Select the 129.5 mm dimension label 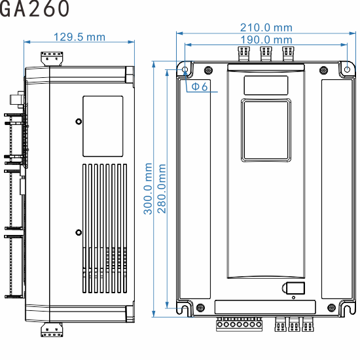tap(79, 37)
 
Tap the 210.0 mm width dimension tap(266, 27)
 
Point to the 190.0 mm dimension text tap(266, 40)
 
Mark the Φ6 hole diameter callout tap(199, 87)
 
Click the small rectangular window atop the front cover tap(266, 85)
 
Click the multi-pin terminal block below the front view tap(240, 323)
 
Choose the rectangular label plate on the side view tap(103, 126)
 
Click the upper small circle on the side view tap(79, 121)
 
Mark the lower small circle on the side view tap(79, 232)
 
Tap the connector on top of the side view tap(52, 58)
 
